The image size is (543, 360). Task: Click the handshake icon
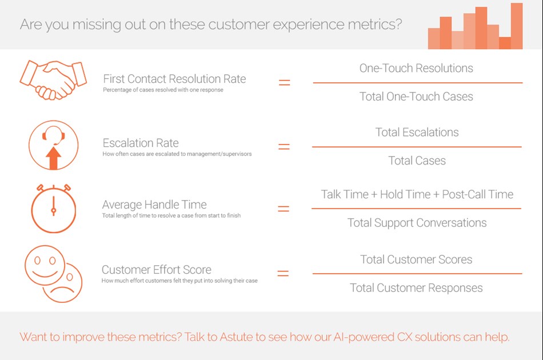point(53,80)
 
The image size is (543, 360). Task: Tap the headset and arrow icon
point(53,145)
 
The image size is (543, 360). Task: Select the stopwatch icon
point(53,209)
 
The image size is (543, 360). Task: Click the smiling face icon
point(45,265)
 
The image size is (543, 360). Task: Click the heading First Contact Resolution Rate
point(174,79)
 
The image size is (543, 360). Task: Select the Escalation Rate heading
point(141,143)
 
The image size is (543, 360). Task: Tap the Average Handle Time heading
point(154,205)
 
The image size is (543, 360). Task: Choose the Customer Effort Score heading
point(157,270)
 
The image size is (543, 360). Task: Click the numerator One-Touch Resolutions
point(416,68)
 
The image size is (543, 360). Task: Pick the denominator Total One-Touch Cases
point(416,97)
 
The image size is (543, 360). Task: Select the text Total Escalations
point(417,132)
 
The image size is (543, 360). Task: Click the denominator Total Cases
point(417,161)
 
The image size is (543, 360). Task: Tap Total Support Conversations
point(417,223)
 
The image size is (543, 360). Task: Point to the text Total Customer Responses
point(416,288)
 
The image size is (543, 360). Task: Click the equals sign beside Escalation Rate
point(284,147)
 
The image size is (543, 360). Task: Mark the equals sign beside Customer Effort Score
point(283,274)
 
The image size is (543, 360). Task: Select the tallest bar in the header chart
point(517,26)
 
